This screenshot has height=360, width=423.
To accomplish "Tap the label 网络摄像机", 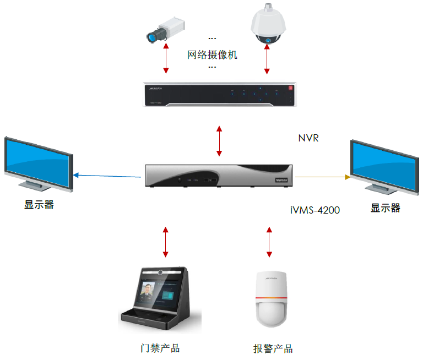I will click(212, 55).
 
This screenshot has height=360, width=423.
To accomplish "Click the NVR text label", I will click(308, 138).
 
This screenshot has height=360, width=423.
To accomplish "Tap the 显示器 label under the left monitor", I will click(39, 205).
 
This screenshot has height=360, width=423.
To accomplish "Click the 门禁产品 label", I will click(160, 348).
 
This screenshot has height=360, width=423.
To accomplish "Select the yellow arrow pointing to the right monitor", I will click(323, 177).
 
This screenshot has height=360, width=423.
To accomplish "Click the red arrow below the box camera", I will click(166, 59).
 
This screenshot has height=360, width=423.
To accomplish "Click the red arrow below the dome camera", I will click(268, 59).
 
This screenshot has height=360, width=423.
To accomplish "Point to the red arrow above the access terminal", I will click(165, 241).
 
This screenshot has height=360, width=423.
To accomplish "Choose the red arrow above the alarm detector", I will click(269, 241).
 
